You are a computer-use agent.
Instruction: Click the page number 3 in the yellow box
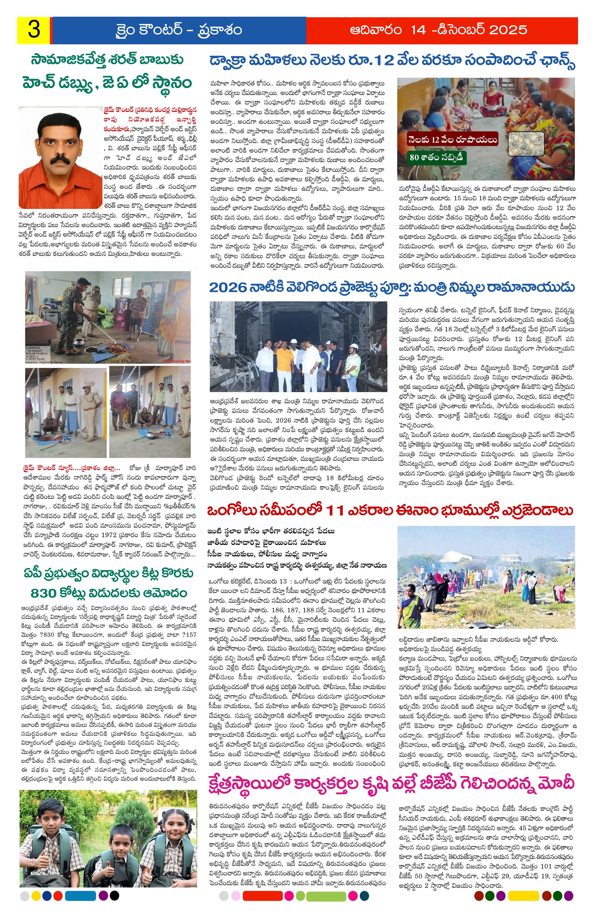pyautogui.click(x=34, y=30)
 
